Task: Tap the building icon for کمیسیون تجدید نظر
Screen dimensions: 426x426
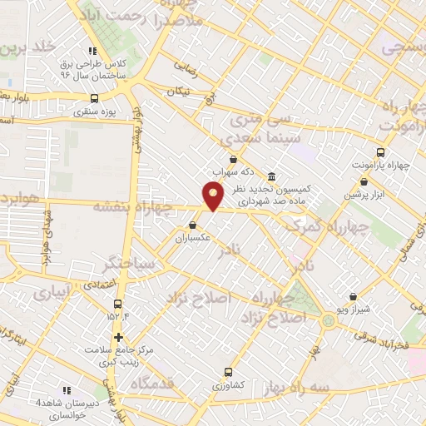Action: coord(272,176)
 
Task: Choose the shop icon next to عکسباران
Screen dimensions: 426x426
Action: coord(193,225)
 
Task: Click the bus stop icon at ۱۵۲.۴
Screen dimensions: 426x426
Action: coord(117,305)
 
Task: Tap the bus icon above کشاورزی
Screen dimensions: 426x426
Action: coord(229,372)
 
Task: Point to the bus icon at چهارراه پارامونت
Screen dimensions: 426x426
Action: coord(380,152)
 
